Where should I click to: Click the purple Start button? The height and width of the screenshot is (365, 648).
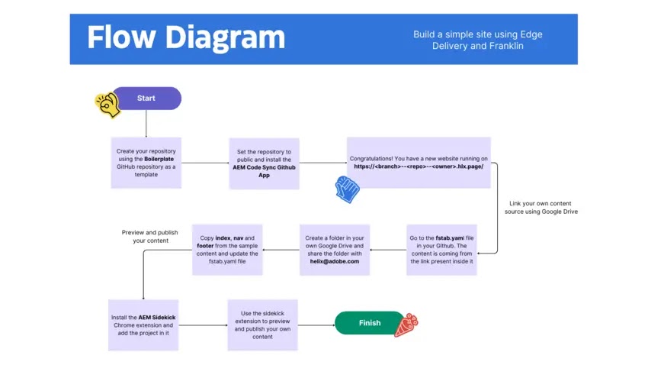pyautogui.click(x=146, y=98)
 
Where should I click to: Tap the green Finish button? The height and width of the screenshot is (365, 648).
pyautogui.click(x=369, y=323)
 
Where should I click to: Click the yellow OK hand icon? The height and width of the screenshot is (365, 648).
pyautogui.click(x=107, y=105)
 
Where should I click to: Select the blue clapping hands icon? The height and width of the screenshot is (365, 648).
pyautogui.click(x=347, y=189)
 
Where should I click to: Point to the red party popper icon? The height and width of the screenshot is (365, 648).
pyautogui.click(x=406, y=325)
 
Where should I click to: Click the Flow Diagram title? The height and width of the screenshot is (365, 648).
pyautogui.click(x=186, y=38)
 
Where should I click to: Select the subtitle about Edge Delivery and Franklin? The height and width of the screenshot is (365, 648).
pyautogui.click(x=478, y=40)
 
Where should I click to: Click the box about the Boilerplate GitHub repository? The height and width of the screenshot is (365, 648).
pyautogui.click(x=146, y=163)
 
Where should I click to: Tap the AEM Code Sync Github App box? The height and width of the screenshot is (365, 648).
pyautogui.click(x=264, y=163)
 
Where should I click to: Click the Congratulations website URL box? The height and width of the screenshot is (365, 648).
pyautogui.click(x=419, y=163)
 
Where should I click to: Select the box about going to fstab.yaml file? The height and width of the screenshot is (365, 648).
pyautogui.click(x=441, y=250)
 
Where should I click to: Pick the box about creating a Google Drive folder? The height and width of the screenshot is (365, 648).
pyautogui.click(x=335, y=250)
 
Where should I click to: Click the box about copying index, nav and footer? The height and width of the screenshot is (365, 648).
pyautogui.click(x=227, y=250)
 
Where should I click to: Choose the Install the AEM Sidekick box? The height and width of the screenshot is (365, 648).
pyautogui.click(x=143, y=325)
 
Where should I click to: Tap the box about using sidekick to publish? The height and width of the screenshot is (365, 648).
pyautogui.click(x=262, y=325)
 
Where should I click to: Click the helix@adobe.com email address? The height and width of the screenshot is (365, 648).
pyautogui.click(x=335, y=262)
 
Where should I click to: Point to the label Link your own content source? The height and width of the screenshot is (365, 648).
pyautogui.click(x=541, y=208)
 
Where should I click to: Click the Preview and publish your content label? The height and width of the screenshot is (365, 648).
pyautogui.click(x=150, y=236)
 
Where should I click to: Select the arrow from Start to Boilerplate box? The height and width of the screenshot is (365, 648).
pyautogui.click(x=146, y=124)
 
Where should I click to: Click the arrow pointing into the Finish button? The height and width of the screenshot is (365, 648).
pyautogui.click(x=316, y=325)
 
